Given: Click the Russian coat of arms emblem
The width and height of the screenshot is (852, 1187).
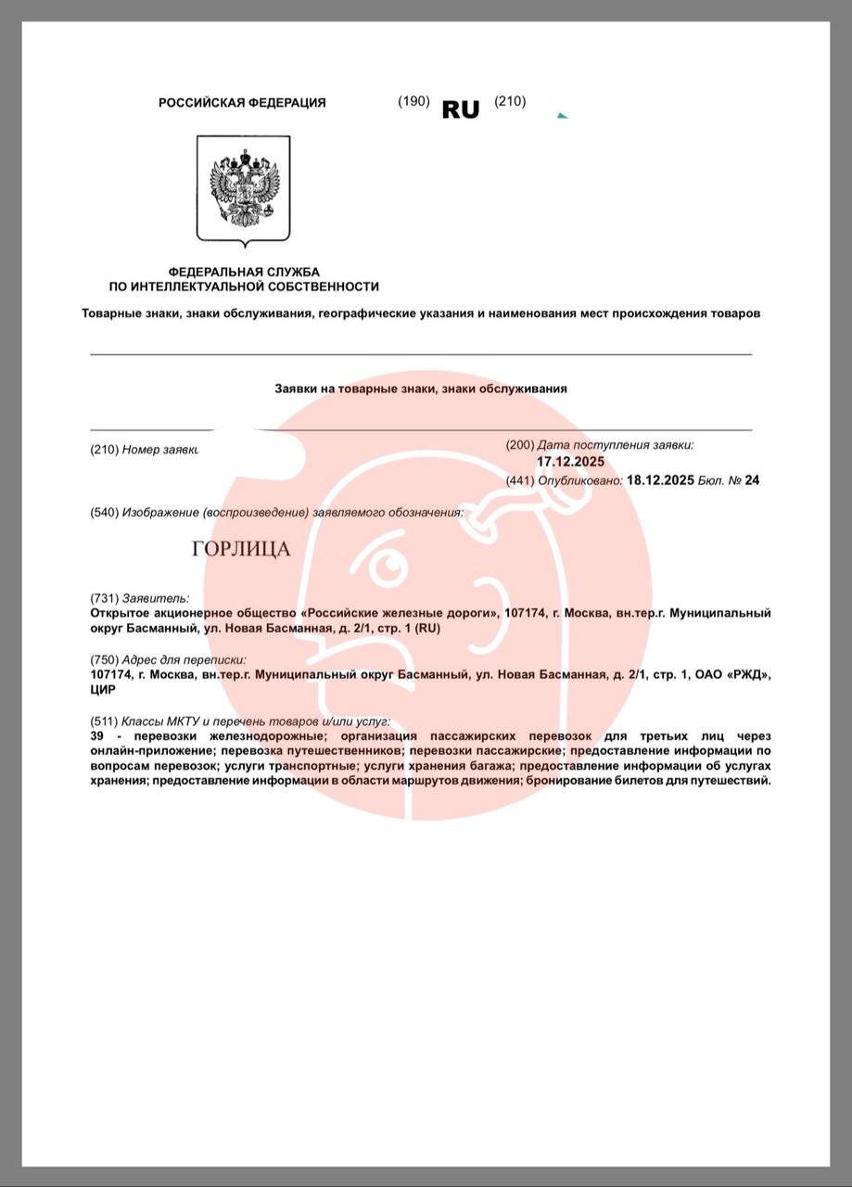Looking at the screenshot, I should [244, 189].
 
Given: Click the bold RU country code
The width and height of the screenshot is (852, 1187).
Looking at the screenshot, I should [461, 109].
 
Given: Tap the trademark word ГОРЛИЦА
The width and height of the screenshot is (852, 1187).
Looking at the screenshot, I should [241, 549].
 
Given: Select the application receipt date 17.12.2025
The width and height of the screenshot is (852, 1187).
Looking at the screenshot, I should [570, 461].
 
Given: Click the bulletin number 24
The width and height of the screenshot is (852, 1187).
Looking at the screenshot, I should [753, 480].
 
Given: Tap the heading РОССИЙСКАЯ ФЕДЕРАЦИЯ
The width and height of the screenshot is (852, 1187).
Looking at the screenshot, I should [242, 103].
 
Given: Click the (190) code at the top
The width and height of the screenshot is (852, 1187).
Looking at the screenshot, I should [413, 101].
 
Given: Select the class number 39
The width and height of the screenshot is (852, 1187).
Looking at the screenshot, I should [97, 734].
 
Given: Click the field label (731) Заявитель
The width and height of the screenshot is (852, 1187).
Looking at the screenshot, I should [139, 598].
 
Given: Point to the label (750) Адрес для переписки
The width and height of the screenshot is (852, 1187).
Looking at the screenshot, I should [168, 659].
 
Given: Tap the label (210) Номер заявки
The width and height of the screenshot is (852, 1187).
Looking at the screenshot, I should [145, 450].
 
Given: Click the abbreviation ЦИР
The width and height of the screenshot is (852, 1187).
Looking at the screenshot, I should [101, 688].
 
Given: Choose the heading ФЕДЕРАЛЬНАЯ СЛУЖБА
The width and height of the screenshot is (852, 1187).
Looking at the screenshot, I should [244, 272].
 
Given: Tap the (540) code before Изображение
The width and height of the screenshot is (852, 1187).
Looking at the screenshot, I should [104, 512].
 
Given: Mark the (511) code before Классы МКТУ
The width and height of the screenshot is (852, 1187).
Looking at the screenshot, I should [104, 721].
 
